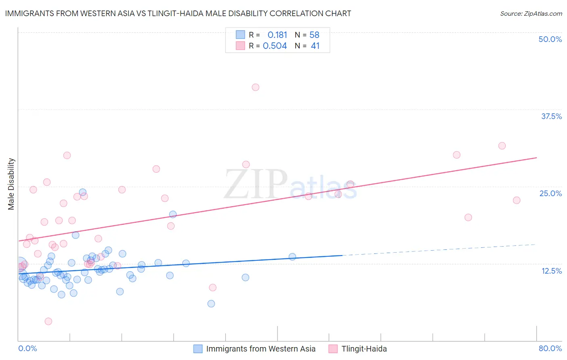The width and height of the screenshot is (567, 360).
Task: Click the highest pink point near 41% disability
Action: [x=255, y=87]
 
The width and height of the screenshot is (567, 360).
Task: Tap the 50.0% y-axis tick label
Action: [x=550, y=39]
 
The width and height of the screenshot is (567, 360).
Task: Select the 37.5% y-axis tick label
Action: [x=551, y=116]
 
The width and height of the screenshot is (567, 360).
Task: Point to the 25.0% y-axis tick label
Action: [x=550, y=193]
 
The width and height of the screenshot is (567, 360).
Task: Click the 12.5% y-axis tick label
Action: [x=551, y=271]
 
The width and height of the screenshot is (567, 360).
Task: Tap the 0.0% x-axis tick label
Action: [x=27, y=348]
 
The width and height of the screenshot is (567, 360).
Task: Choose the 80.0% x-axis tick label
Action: [x=550, y=348]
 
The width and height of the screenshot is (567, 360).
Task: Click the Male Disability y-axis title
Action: [x=11, y=184]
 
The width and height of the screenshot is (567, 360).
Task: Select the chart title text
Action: [x=178, y=13]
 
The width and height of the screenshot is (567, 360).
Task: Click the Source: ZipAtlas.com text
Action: [x=531, y=13]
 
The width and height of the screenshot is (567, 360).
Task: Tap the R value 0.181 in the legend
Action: [x=277, y=35]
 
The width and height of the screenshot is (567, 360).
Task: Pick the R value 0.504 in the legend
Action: [x=275, y=46]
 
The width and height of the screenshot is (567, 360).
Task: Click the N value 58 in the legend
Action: [x=314, y=35]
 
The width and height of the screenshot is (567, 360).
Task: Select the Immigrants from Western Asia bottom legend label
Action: [x=261, y=349]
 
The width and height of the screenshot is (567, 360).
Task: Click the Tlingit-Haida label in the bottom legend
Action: [x=364, y=349]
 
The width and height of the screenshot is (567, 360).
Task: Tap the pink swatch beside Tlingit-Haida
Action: [x=333, y=349]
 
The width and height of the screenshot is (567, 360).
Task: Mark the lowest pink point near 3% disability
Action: [x=48, y=321]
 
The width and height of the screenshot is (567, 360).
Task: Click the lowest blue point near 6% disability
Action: [x=211, y=303]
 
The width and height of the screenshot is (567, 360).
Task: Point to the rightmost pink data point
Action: [x=517, y=200]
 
